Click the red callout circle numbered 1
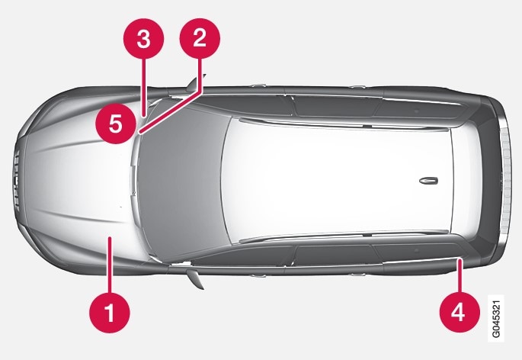(110, 313)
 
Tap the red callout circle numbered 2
(200, 38)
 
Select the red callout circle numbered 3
(144, 38)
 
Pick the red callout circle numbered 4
(460, 312)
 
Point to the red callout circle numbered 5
(116, 124)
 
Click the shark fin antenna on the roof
(428, 181)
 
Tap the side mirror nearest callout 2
(195, 82)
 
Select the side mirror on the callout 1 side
(195, 278)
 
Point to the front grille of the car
(17, 181)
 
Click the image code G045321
(495, 318)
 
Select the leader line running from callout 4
(460, 275)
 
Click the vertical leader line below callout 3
(144, 88)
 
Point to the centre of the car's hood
(80, 180)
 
